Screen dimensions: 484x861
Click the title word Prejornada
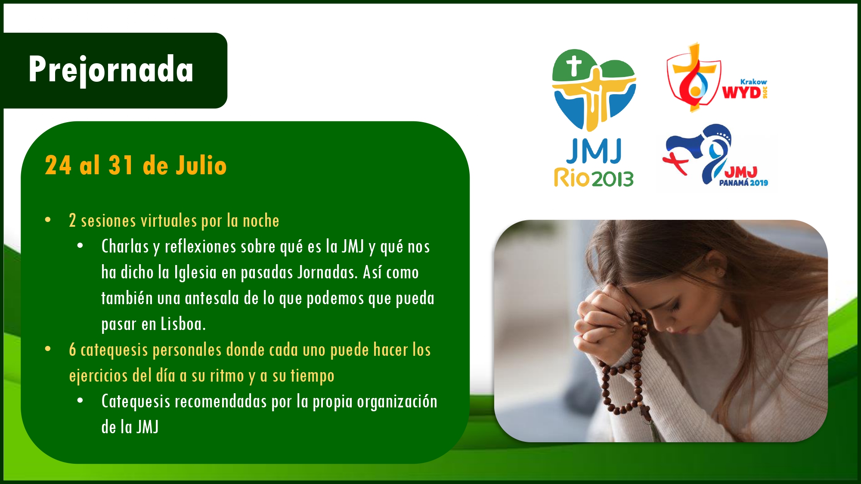coord(111,70)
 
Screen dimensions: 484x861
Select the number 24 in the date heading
coord(58,166)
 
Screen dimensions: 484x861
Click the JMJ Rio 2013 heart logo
coord(594,90)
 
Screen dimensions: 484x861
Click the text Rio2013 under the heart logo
coord(594,178)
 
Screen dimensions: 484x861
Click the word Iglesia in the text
coord(195,272)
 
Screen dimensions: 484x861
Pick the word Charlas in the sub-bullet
coord(125,247)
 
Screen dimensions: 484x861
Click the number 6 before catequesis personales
coord(72,350)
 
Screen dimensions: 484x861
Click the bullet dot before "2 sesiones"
coord(48,220)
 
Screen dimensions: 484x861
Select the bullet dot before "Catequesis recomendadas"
coord(80,401)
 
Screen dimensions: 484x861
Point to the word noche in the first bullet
coord(261,221)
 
